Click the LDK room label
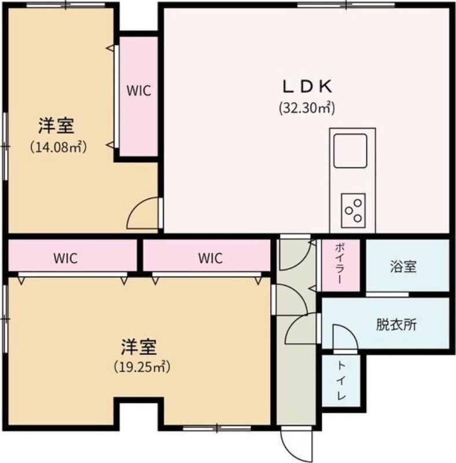(307, 86)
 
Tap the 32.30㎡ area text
(307, 108)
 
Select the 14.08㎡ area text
(58, 147)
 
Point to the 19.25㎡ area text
(142, 367)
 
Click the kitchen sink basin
(350, 151)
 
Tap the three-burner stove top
(353, 211)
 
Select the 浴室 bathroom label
(403, 266)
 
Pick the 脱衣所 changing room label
(396, 325)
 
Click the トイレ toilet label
(341, 381)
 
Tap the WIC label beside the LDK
(139, 90)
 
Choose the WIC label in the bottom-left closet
(65, 258)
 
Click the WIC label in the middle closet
(210, 258)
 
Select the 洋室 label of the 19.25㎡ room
(138, 347)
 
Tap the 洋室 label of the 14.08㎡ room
(56, 126)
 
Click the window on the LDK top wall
(346, 5)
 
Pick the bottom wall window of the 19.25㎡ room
(217, 428)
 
